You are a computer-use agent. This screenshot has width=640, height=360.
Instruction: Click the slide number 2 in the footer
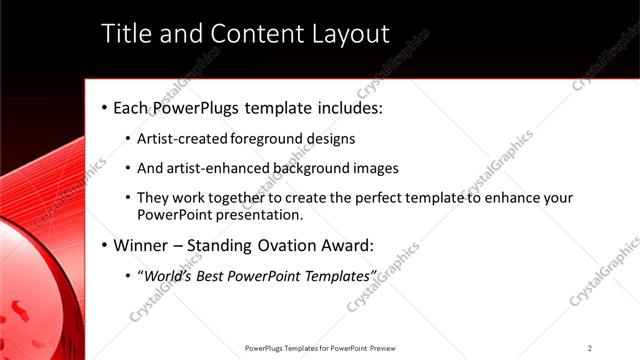pos(590,348)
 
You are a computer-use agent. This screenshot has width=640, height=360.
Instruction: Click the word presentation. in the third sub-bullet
pos(260,214)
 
